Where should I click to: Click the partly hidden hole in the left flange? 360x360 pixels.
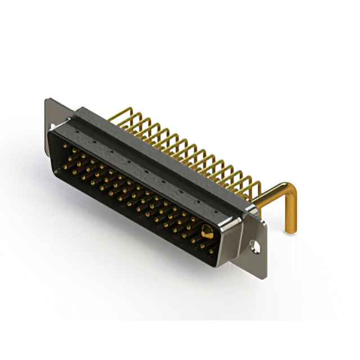(x=52, y=127)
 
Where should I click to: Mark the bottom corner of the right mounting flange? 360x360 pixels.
(x=264, y=276)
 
